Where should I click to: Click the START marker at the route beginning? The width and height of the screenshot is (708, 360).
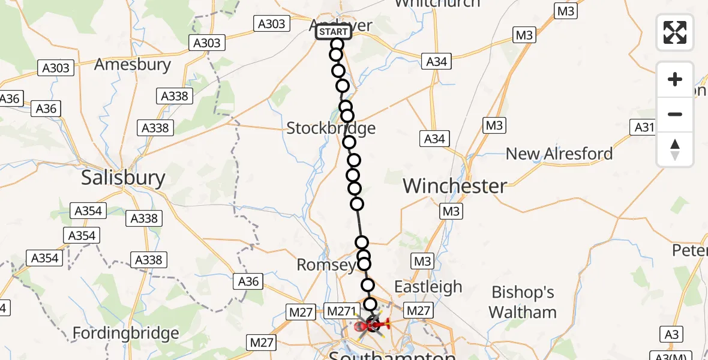[334, 32]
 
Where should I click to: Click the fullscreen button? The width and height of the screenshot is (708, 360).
[675, 32]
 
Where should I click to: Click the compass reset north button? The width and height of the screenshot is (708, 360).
[675, 149]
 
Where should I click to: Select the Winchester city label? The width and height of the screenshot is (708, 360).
[455, 185]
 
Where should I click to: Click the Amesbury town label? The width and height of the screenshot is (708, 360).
[133, 64]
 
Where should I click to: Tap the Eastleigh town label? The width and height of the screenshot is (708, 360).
[428, 286]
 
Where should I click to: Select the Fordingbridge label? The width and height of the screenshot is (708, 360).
[125, 333]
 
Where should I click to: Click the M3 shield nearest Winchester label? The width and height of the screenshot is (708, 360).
[451, 211]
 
